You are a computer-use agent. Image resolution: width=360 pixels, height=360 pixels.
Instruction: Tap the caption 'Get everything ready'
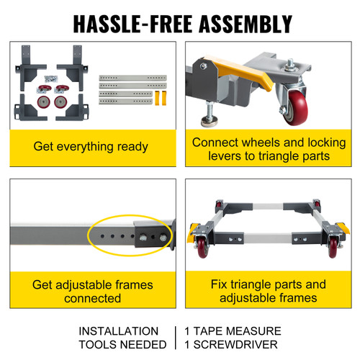coord(91,147)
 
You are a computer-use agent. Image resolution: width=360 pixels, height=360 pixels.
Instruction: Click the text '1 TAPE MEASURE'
coord(233,331)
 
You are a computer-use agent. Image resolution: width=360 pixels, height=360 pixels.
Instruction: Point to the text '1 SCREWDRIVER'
coord(233,344)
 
